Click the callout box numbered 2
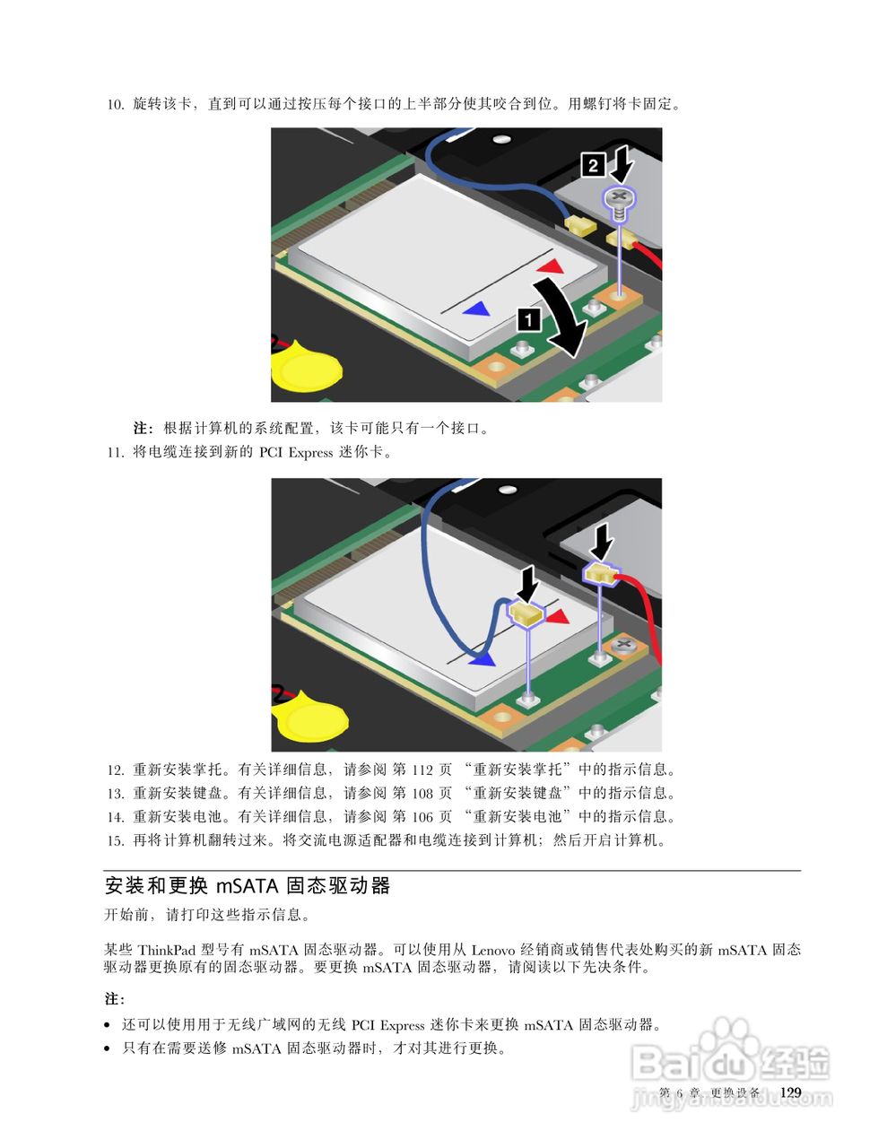point(593,165)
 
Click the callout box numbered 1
point(529,317)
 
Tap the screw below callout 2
point(619,200)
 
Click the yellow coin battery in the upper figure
point(307,370)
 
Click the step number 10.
point(115,104)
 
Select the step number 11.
point(115,452)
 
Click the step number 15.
point(115,840)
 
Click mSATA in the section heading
point(248,886)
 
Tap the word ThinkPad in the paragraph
point(167,949)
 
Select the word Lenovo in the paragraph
point(493,949)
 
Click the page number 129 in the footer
point(790,1091)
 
